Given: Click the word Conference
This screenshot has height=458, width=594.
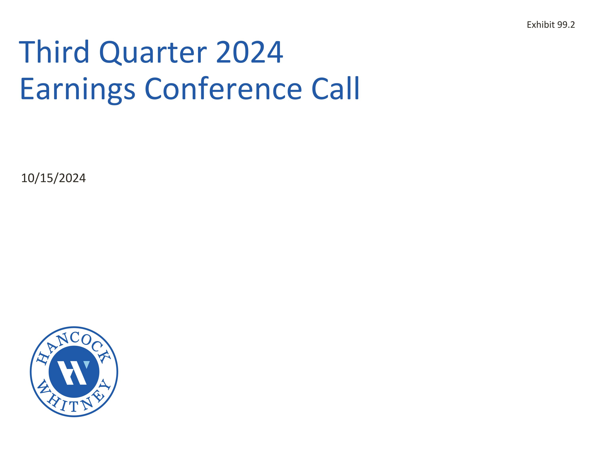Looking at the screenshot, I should (x=223, y=89).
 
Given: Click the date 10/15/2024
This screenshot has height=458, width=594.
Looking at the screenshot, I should (x=53, y=178).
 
